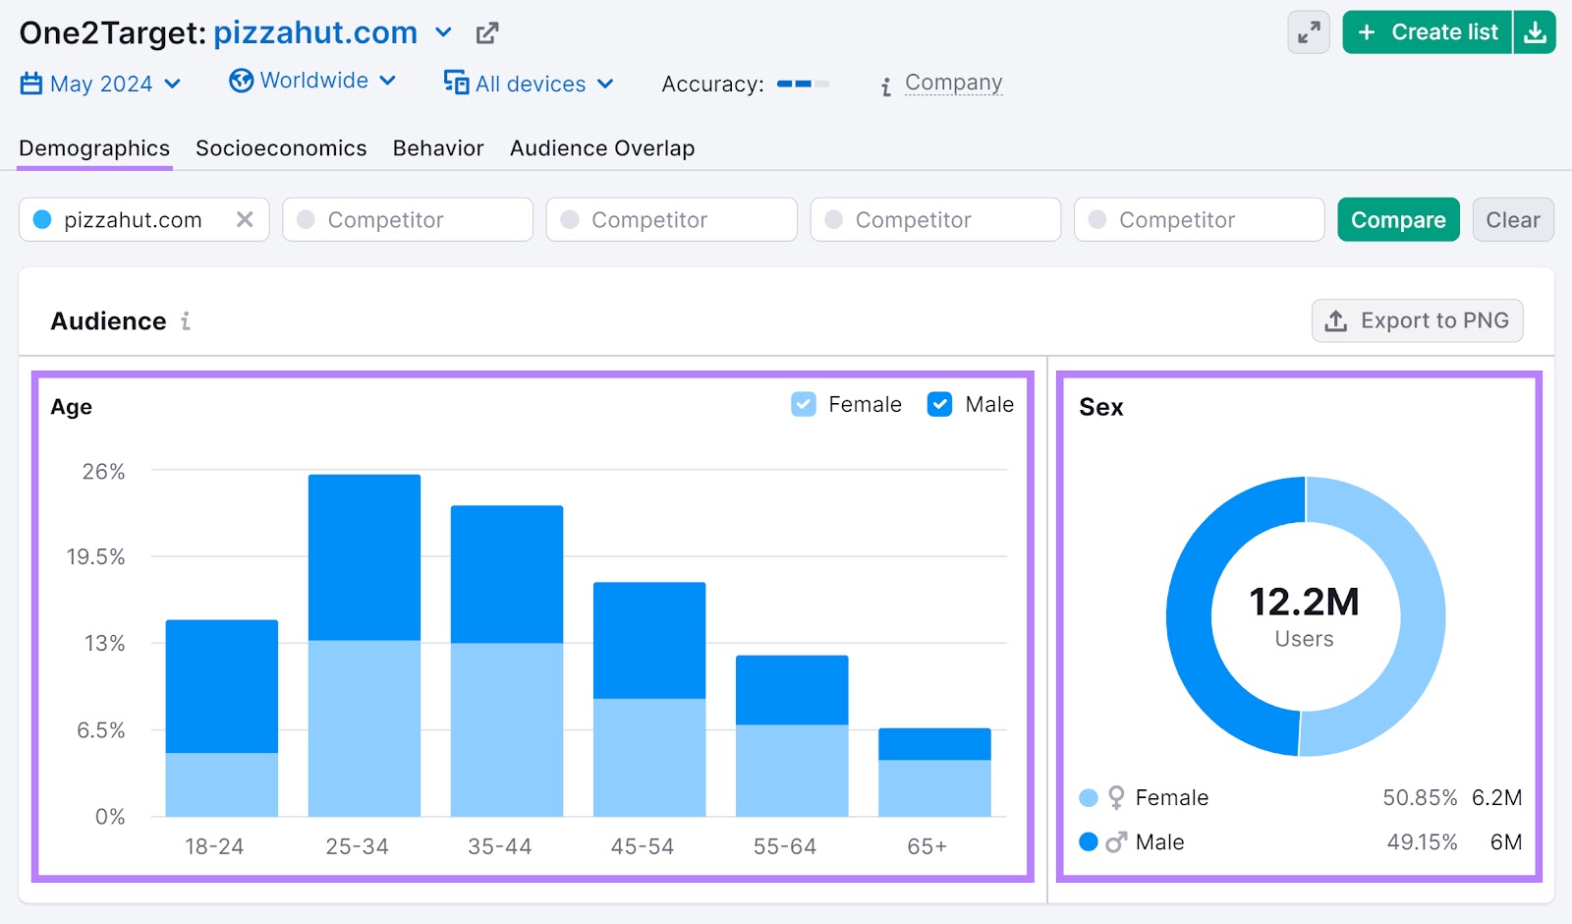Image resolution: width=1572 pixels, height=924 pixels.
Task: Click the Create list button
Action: [x=1428, y=32]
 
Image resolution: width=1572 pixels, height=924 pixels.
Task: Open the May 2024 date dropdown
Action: [x=100, y=84]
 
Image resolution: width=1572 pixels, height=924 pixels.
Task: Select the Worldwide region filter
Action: [x=312, y=81]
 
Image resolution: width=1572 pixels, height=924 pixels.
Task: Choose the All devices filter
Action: [x=529, y=84]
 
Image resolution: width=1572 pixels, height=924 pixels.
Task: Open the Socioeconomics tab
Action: [x=281, y=148]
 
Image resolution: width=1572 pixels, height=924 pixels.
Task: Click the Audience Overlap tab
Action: [x=601, y=148]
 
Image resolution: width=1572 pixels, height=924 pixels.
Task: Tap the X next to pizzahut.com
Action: [x=245, y=219]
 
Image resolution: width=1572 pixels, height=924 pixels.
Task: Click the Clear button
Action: [x=1512, y=219]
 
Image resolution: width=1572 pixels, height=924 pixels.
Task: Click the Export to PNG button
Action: [x=1417, y=320]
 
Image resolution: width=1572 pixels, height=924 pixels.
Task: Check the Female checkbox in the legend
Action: [x=804, y=404]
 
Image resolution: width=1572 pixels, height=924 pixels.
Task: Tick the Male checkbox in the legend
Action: [x=939, y=404]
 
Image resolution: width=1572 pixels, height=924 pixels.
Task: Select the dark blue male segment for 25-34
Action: [x=365, y=557]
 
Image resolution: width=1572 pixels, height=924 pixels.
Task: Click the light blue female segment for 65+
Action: [x=934, y=787]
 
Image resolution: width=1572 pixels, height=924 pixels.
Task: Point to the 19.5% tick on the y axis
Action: [x=95, y=557]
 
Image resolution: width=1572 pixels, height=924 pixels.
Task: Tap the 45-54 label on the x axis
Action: [x=642, y=846]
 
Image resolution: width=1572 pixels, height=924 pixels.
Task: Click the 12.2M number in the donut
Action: [x=1304, y=602]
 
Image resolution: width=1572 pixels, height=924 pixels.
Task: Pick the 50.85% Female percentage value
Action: [x=1419, y=797]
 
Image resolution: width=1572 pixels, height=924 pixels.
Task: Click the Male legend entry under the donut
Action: [x=1159, y=842]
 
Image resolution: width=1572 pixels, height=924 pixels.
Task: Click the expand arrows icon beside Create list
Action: [x=1309, y=32]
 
